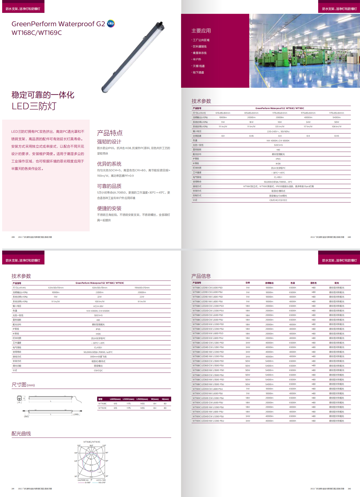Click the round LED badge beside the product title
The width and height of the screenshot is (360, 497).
pos(111,24)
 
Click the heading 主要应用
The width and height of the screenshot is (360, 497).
pos(201,31)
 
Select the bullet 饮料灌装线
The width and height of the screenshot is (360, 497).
pos(200,46)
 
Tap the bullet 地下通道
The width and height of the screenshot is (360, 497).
pos(198,72)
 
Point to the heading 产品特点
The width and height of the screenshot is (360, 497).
pos(110,133)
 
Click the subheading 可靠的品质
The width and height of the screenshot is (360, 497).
pos(109,186)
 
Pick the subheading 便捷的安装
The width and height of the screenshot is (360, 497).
pos(109,208)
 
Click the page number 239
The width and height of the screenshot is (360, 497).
pos(13,237)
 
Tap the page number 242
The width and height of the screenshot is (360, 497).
pos(349,488)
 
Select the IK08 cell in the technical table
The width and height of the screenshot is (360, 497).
pos(278,163)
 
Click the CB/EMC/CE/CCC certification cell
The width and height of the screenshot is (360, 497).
pos(278,200)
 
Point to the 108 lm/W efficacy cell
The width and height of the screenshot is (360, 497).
pos(337,126)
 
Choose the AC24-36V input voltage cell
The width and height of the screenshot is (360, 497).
pos(98,306)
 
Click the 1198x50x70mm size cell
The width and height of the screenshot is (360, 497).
pos(142,288)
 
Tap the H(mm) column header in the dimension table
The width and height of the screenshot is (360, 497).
pos(165,399)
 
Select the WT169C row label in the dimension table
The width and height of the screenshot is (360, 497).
pos(102,408)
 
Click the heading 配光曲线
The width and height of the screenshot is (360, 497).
pos(21,434)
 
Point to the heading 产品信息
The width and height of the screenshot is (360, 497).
pos(201,276)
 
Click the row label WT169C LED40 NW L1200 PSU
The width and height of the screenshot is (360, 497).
pos(208,421)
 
